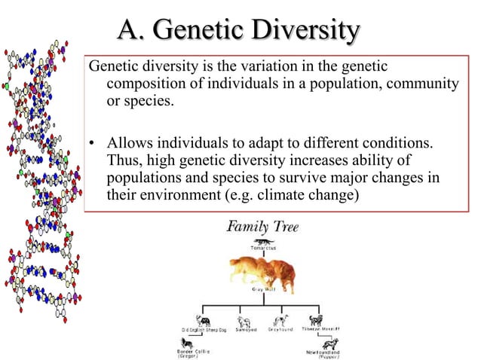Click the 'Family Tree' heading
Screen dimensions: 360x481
point(263,226)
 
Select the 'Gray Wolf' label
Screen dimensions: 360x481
point(263,289)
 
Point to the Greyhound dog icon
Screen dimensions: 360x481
point(281,320)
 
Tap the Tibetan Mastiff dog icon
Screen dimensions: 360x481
point(315,320)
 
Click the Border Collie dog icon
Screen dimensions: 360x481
point(185,343)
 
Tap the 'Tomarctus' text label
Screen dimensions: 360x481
point(263,248)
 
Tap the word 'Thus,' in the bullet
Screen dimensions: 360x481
point(124,160)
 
